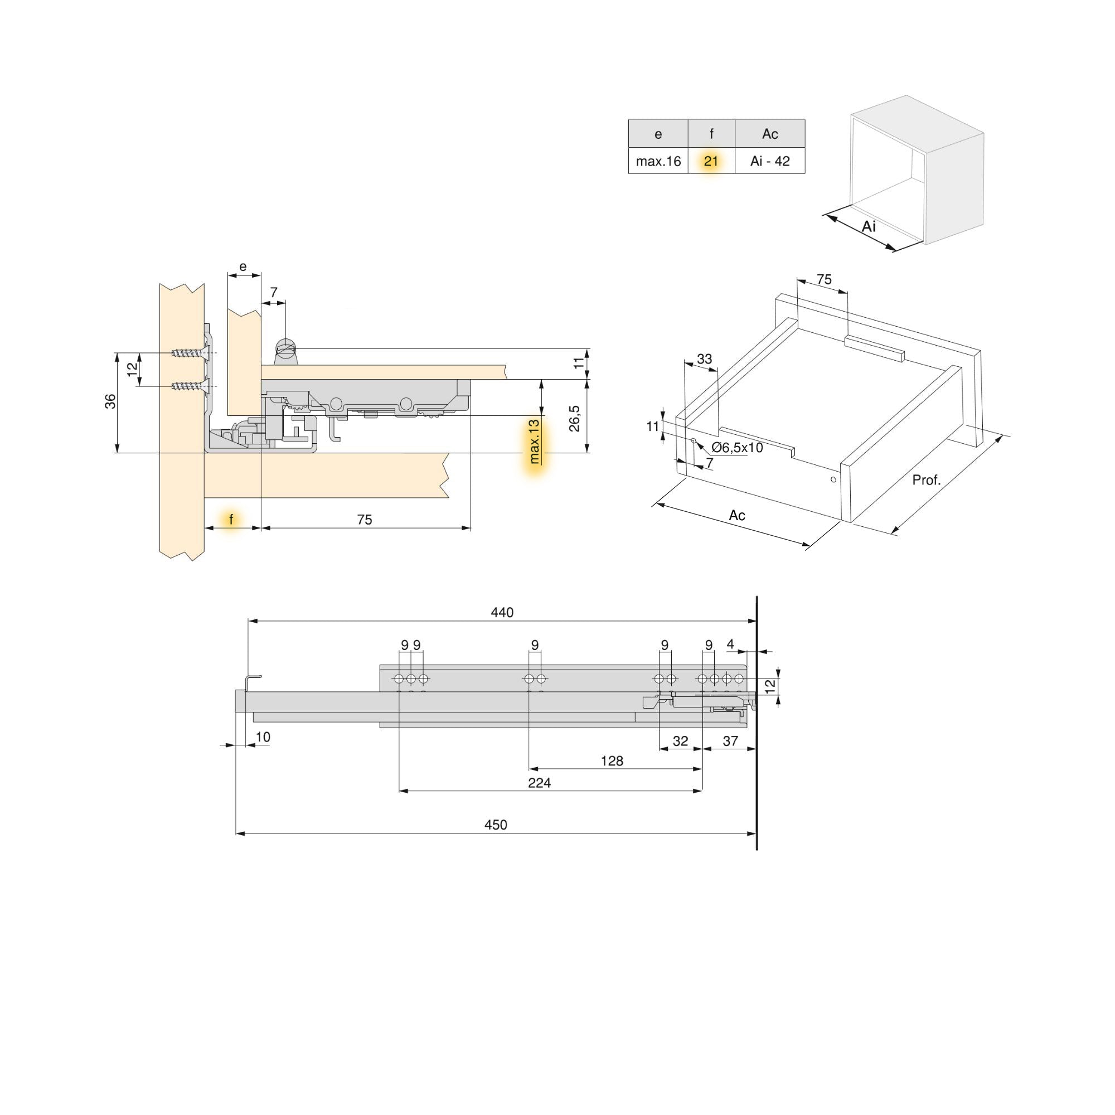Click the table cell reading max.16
click(x=658, y=162)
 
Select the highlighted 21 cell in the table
click(x=711, y=162)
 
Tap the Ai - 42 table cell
click(x=770, y=162)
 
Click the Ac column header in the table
click(x=770, y=134)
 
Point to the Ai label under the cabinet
click(x=869, y=227)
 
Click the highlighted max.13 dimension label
click(x=535, y=442)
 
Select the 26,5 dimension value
click(x=575, y=419)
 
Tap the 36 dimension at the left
click(x=110, y=400)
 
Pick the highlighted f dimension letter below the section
click(x=231, y=520)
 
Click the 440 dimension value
click(x=502, y=612)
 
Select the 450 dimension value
click(x=496, y=825)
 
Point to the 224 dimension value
click(x=539, y=783)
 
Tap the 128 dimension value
click(x=612, y=760)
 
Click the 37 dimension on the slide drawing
click(x=730, y=741)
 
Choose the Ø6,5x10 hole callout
click(x=737, y=447)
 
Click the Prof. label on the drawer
click(x=926, y=479)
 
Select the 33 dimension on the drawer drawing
click(x=704, y=359)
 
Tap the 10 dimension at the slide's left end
click(x=263, y=737)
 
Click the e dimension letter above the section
click(x=243, y=266)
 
